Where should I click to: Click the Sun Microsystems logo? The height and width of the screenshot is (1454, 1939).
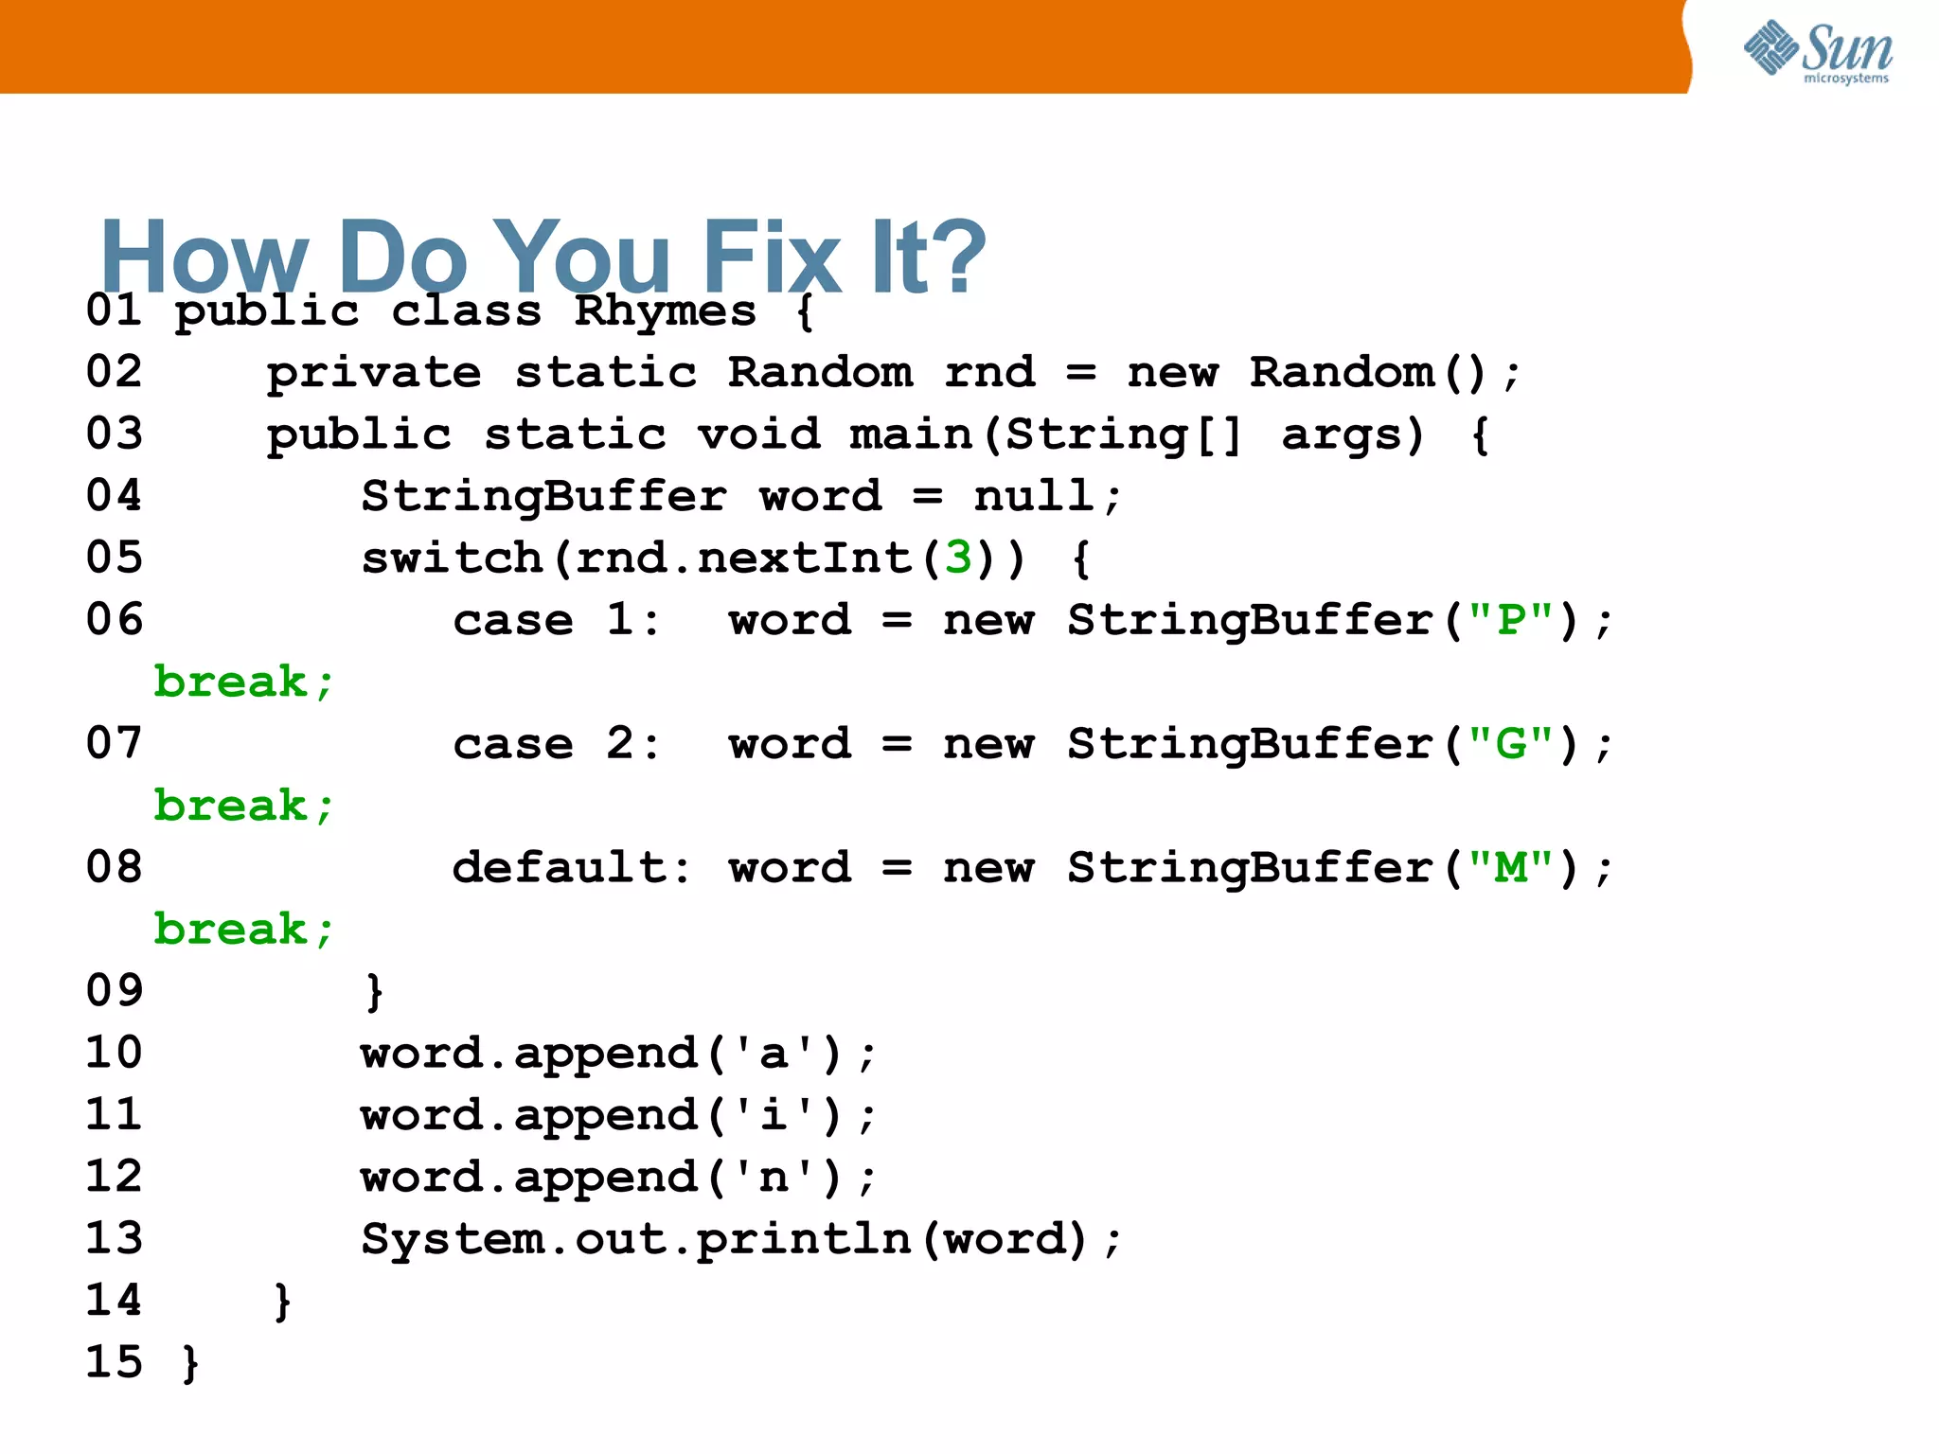[1818, 51]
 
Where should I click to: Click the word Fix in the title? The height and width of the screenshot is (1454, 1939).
[771, 257]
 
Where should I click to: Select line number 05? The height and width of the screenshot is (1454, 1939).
[115, 558]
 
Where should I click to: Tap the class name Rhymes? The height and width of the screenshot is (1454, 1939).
[665, 311]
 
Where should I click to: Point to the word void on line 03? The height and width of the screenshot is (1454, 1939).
[758, 434]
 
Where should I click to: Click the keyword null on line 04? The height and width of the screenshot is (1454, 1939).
[1034, 496]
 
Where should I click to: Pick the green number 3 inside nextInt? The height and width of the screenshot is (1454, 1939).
[958, 558]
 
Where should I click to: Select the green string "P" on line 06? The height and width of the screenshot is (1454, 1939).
[1511, 620]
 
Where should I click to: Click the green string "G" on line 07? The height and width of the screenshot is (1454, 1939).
[1511, 744]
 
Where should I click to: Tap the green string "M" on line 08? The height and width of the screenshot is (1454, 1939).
[1511, 868]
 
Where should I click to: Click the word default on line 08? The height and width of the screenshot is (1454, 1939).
[560, 868]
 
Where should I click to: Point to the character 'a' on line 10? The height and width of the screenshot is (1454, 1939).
[774, 1054]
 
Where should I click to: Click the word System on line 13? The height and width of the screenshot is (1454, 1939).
[453, 1239]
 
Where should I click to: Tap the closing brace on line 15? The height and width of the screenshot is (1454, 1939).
[190, 1363]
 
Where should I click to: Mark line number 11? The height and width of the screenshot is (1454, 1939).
[115, 1114]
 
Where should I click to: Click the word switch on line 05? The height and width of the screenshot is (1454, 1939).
[453, 558]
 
